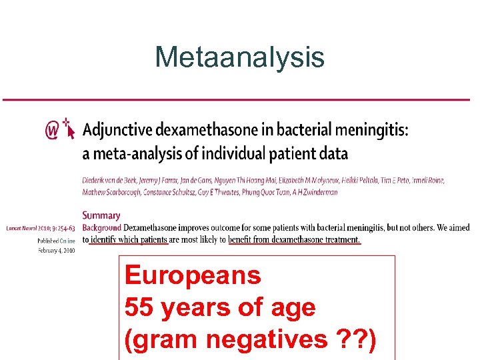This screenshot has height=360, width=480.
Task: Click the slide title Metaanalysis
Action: pos(239,57)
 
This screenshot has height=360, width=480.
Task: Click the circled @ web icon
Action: pos(51,131)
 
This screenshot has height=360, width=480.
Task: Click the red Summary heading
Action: pos(101,215)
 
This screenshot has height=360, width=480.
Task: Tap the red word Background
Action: pos(101,227)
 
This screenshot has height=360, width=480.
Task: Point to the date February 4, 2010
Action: pos(56,250)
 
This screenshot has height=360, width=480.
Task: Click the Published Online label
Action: pos(56,241)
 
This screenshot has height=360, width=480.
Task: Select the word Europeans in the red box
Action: pos(193,275)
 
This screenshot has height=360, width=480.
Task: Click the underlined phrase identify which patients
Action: pos(129,239)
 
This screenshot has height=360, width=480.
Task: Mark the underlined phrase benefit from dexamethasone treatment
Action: pos(294,239)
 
